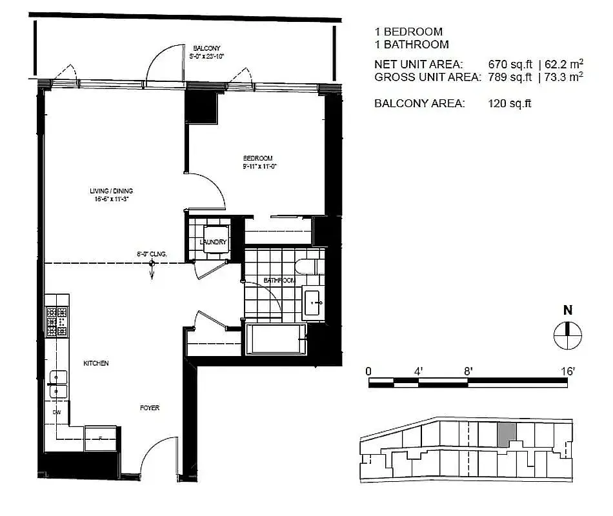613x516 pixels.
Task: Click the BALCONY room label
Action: [206, 48]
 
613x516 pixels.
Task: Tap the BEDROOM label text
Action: [257, 158]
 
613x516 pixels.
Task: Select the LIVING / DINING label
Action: [111, 191]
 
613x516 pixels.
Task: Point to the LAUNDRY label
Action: [213, 243]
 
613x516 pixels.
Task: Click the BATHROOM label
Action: [279, 281]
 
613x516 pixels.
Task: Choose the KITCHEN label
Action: [95, 364]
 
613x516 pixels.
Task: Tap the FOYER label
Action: [150, 408]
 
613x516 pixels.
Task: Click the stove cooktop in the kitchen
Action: [57, 321]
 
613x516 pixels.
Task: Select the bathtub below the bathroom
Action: [276, 339]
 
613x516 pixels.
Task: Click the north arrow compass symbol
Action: [568, 333]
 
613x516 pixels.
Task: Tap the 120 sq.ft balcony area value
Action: [510, 103]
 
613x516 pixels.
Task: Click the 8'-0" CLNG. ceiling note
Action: [152, 254]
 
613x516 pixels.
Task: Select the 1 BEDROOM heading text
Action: [408, 32]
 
